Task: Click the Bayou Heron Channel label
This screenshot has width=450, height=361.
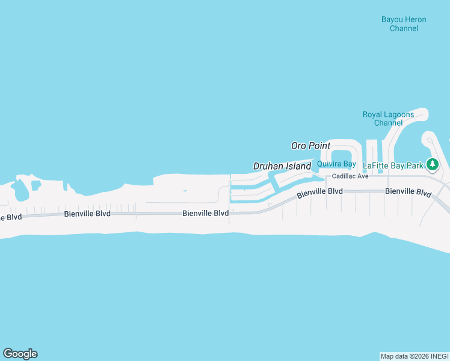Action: (x=404, y=24)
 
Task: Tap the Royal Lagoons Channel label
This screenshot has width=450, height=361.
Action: (x=387, y=119)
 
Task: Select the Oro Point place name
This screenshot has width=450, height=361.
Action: (x=310, y=146)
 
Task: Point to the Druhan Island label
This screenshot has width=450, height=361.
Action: (x=282, y=166)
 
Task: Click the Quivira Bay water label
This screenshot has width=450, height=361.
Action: (x=337, y=164)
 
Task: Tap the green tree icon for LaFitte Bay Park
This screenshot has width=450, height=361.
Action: (x=432, y=164)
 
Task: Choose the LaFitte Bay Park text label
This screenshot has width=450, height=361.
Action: (x=394, y=164)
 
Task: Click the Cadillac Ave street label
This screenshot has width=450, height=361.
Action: (x=350, y=176)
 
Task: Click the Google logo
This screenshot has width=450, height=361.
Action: (x=20, y=354)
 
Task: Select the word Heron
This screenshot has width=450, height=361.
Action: (x=415, y=19)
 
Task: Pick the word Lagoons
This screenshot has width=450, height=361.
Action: (x=397, y=114)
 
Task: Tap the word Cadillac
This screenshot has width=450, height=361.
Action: (x=344, y=176)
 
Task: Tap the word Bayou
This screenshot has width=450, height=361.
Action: (x=392, y=19)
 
